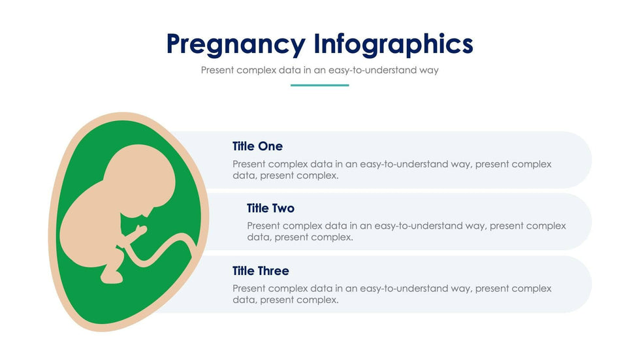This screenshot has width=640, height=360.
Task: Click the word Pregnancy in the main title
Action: point(236,44)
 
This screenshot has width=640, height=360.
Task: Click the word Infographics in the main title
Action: point(393,44)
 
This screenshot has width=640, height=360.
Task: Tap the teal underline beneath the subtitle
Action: point(319,86)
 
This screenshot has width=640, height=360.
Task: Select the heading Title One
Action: point(257,146)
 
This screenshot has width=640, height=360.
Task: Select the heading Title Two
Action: point(270,208)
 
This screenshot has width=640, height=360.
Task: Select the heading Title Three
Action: point(261,270)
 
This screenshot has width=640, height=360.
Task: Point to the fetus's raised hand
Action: point(141,231)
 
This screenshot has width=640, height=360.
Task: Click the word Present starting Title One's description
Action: point(249,164)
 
